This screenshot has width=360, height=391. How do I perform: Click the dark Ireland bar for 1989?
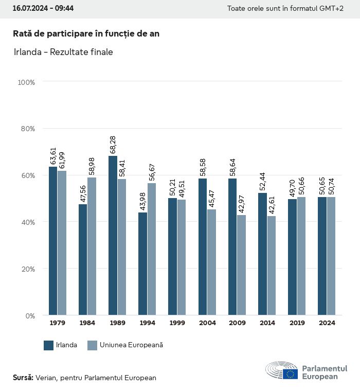(x=113, y=235)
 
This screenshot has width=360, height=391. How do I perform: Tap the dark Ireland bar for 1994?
(x=142, y=263)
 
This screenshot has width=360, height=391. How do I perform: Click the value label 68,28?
(x=113, y=145)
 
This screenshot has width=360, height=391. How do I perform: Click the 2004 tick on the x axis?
(x=207, y=323)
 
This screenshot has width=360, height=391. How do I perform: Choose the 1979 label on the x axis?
(x=58, y=323)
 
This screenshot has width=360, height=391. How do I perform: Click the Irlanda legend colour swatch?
(x=49, y=345)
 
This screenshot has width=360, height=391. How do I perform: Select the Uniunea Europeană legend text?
(x=131, y=345)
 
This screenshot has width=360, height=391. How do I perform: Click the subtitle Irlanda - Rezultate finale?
(x=63, y=52)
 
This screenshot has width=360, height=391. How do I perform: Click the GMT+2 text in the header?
(x=333, y=9)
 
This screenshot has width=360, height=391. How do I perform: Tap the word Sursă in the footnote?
(x=23, y=378)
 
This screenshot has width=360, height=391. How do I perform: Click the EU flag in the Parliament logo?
(x=290, y=374)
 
